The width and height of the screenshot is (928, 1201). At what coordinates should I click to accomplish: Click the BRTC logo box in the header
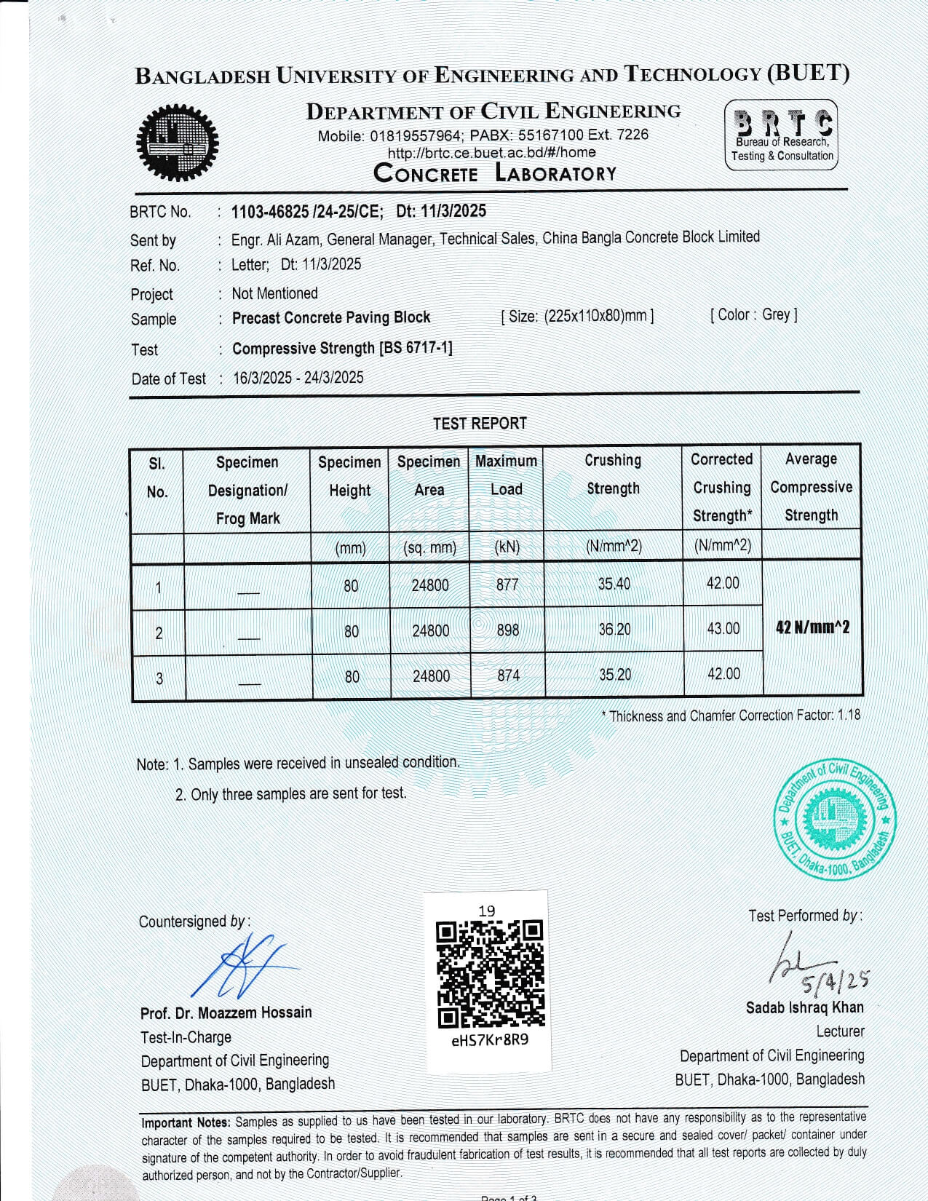[781, 136]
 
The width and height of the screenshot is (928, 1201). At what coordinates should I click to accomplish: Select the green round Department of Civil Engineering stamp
[834, 819]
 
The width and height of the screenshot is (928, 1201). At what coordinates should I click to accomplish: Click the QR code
[490, 974]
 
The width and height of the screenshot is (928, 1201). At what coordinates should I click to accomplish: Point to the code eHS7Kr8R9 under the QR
[490, 1039]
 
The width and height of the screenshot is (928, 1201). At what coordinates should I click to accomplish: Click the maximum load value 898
[508, 630]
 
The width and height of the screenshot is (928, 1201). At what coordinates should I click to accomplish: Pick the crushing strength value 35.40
[614, 584]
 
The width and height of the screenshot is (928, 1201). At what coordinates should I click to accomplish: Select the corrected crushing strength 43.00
[723, 628]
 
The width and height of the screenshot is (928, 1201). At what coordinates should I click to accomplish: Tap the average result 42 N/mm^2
[812, 627]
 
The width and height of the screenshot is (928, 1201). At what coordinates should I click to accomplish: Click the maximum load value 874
[508, 675]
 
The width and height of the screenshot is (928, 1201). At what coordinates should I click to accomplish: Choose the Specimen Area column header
[429, 476]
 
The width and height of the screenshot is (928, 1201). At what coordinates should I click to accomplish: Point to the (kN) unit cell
[507, 547]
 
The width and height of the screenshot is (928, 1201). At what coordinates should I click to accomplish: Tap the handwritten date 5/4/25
[835, 982]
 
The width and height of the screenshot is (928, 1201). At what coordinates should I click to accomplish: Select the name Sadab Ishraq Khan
[804, 1007]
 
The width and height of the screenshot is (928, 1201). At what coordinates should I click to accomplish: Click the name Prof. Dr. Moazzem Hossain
[226, 1012]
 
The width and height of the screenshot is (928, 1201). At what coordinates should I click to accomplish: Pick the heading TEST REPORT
[480, 423]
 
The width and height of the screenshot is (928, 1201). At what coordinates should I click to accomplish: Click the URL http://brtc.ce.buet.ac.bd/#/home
[491, 153]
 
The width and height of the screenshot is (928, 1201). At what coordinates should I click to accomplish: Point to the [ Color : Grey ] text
[753, 314]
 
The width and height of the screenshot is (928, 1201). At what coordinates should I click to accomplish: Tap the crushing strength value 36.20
[614, 629]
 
